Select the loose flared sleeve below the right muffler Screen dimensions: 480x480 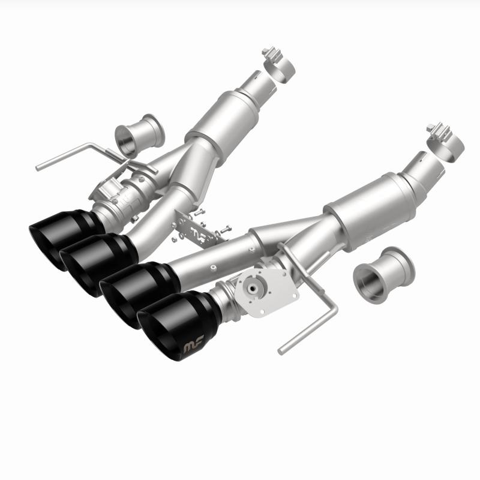pos(385,271)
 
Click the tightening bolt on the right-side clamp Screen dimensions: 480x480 pos(437,129)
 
